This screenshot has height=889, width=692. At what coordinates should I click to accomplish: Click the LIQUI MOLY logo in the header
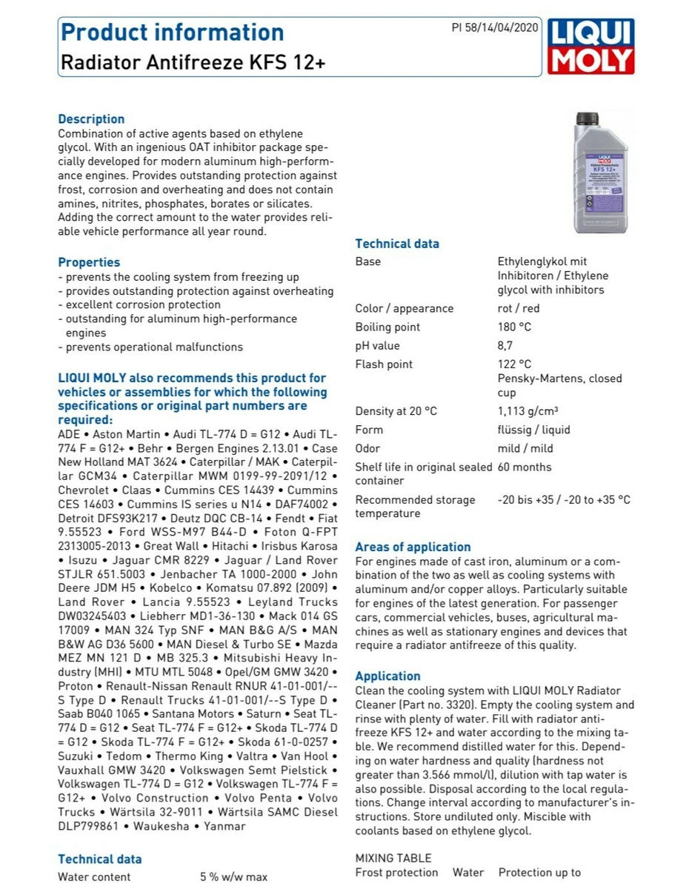click(x=590, y=47)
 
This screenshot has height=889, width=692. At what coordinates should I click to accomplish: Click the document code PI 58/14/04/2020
click(x=495, y=27)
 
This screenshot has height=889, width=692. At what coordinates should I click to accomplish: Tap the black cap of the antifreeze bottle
click(x=588, y=117)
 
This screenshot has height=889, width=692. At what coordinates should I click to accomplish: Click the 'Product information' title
click(x=172, y=33)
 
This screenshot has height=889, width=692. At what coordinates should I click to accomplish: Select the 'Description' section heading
click(x=91, y=119)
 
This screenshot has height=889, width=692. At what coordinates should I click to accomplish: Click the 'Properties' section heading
click(x=89, y=262)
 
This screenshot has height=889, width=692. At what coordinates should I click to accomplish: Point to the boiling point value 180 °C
click(x=514, y=327)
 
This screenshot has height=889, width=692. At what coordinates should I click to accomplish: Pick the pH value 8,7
click(x=505, y=345)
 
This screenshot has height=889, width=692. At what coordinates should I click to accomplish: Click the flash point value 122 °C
click(x=514, y=364)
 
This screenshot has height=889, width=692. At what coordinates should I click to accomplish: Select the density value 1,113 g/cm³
click(x=528, y=411)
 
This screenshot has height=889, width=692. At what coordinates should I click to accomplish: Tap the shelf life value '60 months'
click(x=525, y=467)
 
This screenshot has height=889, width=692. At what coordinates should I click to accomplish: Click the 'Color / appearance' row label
click(x=404, y=308)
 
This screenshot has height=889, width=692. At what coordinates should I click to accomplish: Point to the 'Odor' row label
click(x=367, y=448)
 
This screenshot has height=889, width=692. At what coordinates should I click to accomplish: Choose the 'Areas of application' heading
click(x=413, y=547)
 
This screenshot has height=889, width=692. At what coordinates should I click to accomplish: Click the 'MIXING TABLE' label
click(x=393, y=858)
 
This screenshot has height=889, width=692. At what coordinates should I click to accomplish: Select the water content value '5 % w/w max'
click(x=233, y=877)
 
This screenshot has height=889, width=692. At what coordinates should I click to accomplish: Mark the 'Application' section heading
click(x=387, y=676)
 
